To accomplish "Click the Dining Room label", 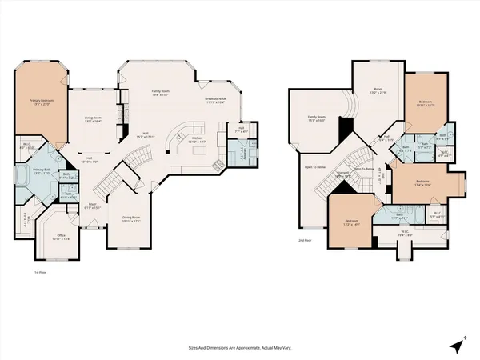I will pos(131,218).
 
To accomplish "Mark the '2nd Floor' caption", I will pos(303,240).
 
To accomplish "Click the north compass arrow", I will pos(457,345).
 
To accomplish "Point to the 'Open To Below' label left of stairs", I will pos(314,167).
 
